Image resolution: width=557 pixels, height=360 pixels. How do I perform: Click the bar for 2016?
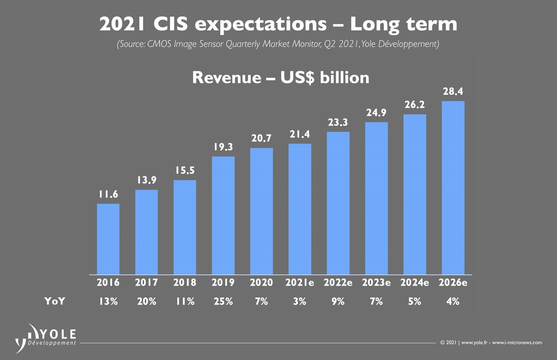coord(108,239)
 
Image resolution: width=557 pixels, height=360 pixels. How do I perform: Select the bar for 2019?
coord(223,215)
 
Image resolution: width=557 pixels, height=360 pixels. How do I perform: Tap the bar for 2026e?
coord(453,188)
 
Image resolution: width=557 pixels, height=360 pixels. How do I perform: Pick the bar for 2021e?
coord(300,209)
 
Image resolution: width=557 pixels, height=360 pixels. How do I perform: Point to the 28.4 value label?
coord(453,92)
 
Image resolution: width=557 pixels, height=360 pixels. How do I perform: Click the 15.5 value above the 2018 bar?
coord(185,171)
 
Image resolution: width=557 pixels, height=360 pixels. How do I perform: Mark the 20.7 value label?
coord(261,138)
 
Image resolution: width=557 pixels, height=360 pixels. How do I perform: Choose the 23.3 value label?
coord(338,123)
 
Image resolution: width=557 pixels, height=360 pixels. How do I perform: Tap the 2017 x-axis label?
coord(146,283)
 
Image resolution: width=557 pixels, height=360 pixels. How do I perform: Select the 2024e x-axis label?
coord(415,283)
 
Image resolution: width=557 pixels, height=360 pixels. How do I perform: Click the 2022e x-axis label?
coord(338,283)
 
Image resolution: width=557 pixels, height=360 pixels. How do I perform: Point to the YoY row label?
coord(55,302)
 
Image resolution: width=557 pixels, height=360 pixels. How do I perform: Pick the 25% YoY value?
coord(223,302)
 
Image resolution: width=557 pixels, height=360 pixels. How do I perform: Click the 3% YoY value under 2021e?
coord(300,302)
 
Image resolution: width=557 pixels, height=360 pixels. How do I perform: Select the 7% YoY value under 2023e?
coord(376,302)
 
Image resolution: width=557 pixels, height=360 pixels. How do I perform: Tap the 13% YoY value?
coord(108,302)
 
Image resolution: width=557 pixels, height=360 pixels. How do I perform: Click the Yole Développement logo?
coord(46,337)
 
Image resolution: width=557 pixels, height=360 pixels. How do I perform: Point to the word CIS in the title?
coord(170,24)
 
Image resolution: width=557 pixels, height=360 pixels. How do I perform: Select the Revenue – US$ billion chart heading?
coord(280,78)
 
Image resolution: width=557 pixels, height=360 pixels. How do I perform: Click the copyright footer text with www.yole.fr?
coord(491,342)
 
